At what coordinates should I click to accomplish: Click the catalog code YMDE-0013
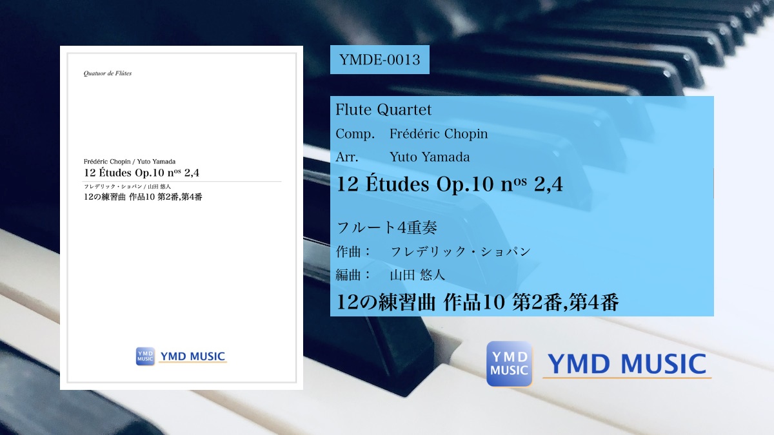(379, 60)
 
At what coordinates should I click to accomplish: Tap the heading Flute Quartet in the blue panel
(384, 110)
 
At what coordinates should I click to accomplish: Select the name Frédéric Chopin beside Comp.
(439, 133)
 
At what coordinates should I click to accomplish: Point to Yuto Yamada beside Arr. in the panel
(430, 157)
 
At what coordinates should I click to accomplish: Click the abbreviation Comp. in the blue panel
(355, 134)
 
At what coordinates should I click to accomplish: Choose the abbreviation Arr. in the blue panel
(347, 157)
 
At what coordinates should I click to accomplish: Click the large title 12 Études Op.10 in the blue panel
(415, 184)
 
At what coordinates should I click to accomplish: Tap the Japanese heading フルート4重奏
(386, 227)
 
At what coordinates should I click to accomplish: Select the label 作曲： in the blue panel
(353, 252)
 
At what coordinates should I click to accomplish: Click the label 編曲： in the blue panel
(353, 275)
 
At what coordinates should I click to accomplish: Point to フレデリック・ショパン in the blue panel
(461, 252)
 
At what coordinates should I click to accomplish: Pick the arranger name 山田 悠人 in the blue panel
(417, 275)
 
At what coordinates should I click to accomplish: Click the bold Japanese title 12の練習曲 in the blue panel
(385, 302)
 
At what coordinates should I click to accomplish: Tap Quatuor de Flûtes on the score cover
(108, 73)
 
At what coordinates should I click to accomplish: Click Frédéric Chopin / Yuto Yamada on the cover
(130, 162)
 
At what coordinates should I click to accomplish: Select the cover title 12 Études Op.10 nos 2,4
(141, 173)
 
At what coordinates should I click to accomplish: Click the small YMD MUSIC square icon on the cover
(145, 356)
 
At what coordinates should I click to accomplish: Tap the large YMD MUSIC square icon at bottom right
(510, 364)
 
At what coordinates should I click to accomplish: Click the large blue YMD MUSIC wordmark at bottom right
(627, 364)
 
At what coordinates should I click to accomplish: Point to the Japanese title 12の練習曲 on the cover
(104, 197)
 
